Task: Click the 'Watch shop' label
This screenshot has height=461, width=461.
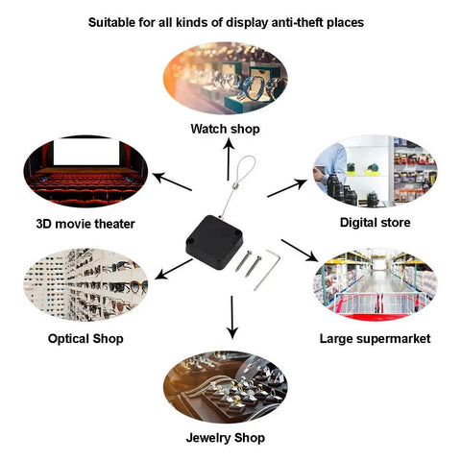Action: coord(225,129)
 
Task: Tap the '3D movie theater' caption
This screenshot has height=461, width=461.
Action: coord(85,224)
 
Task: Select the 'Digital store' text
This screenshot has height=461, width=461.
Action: coord(375,223)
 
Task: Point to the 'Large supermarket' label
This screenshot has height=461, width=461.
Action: coord(375,339)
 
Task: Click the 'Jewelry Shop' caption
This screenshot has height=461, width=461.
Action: coord(226,438)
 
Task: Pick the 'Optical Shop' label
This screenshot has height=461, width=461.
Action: coord(85,339)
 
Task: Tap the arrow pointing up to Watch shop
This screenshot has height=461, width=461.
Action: coord(229,159)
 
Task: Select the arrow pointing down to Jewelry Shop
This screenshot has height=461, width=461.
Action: coord(232,317)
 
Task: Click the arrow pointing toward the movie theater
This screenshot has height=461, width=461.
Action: coord(172,182)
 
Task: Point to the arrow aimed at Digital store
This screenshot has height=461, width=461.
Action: coord(287,188)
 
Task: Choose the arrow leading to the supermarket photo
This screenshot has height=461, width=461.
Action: coord(300,251)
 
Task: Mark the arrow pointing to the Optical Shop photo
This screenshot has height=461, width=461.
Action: coord(174,269)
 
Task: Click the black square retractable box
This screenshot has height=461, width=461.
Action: coord(214,242)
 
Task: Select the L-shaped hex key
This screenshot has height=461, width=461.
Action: coord(268,270)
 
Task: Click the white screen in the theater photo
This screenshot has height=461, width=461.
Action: coord(86,152)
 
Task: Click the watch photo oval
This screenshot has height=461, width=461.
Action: coord(226,78)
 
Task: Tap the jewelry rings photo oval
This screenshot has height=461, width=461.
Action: coord(226,387)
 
